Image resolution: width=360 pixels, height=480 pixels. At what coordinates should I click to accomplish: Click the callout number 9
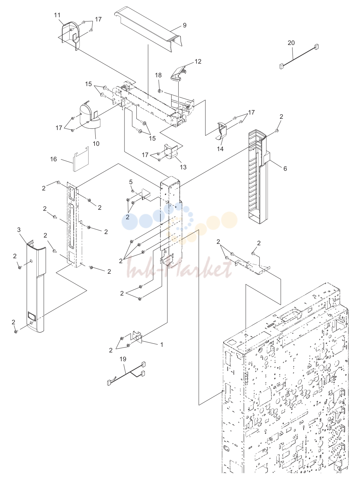(185, 25)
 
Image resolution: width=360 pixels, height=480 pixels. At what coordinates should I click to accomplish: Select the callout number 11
(57, 15)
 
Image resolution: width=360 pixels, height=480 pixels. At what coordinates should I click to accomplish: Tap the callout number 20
(291, 43)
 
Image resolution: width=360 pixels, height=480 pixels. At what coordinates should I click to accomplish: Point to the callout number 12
(198, 61)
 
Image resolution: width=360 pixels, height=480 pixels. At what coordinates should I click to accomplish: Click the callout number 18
(158, 75)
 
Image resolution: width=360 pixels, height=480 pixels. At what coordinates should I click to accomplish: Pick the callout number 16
(53, 159)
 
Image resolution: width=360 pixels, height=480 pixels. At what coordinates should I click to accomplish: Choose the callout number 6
(285, 168)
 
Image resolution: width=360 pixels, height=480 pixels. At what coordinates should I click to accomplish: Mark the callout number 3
(19, 229)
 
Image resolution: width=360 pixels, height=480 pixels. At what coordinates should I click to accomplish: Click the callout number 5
(131, 182)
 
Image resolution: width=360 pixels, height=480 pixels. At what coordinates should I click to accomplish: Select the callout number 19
(123, 359)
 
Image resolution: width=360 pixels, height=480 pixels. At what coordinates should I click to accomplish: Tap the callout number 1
(162, 345)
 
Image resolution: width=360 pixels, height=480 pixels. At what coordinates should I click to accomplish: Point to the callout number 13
(183, 167)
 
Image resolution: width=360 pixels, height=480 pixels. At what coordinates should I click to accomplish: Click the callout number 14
(220, 149)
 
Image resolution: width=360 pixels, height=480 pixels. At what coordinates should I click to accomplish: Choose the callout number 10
(96, 144)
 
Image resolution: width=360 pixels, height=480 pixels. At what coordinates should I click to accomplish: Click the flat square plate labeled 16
(81, 159)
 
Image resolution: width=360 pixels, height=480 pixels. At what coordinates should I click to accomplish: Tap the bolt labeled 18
(159, 90)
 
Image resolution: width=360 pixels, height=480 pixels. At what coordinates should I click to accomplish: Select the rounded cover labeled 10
(90, 114)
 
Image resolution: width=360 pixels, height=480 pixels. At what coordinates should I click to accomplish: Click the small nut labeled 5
(133, 191)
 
